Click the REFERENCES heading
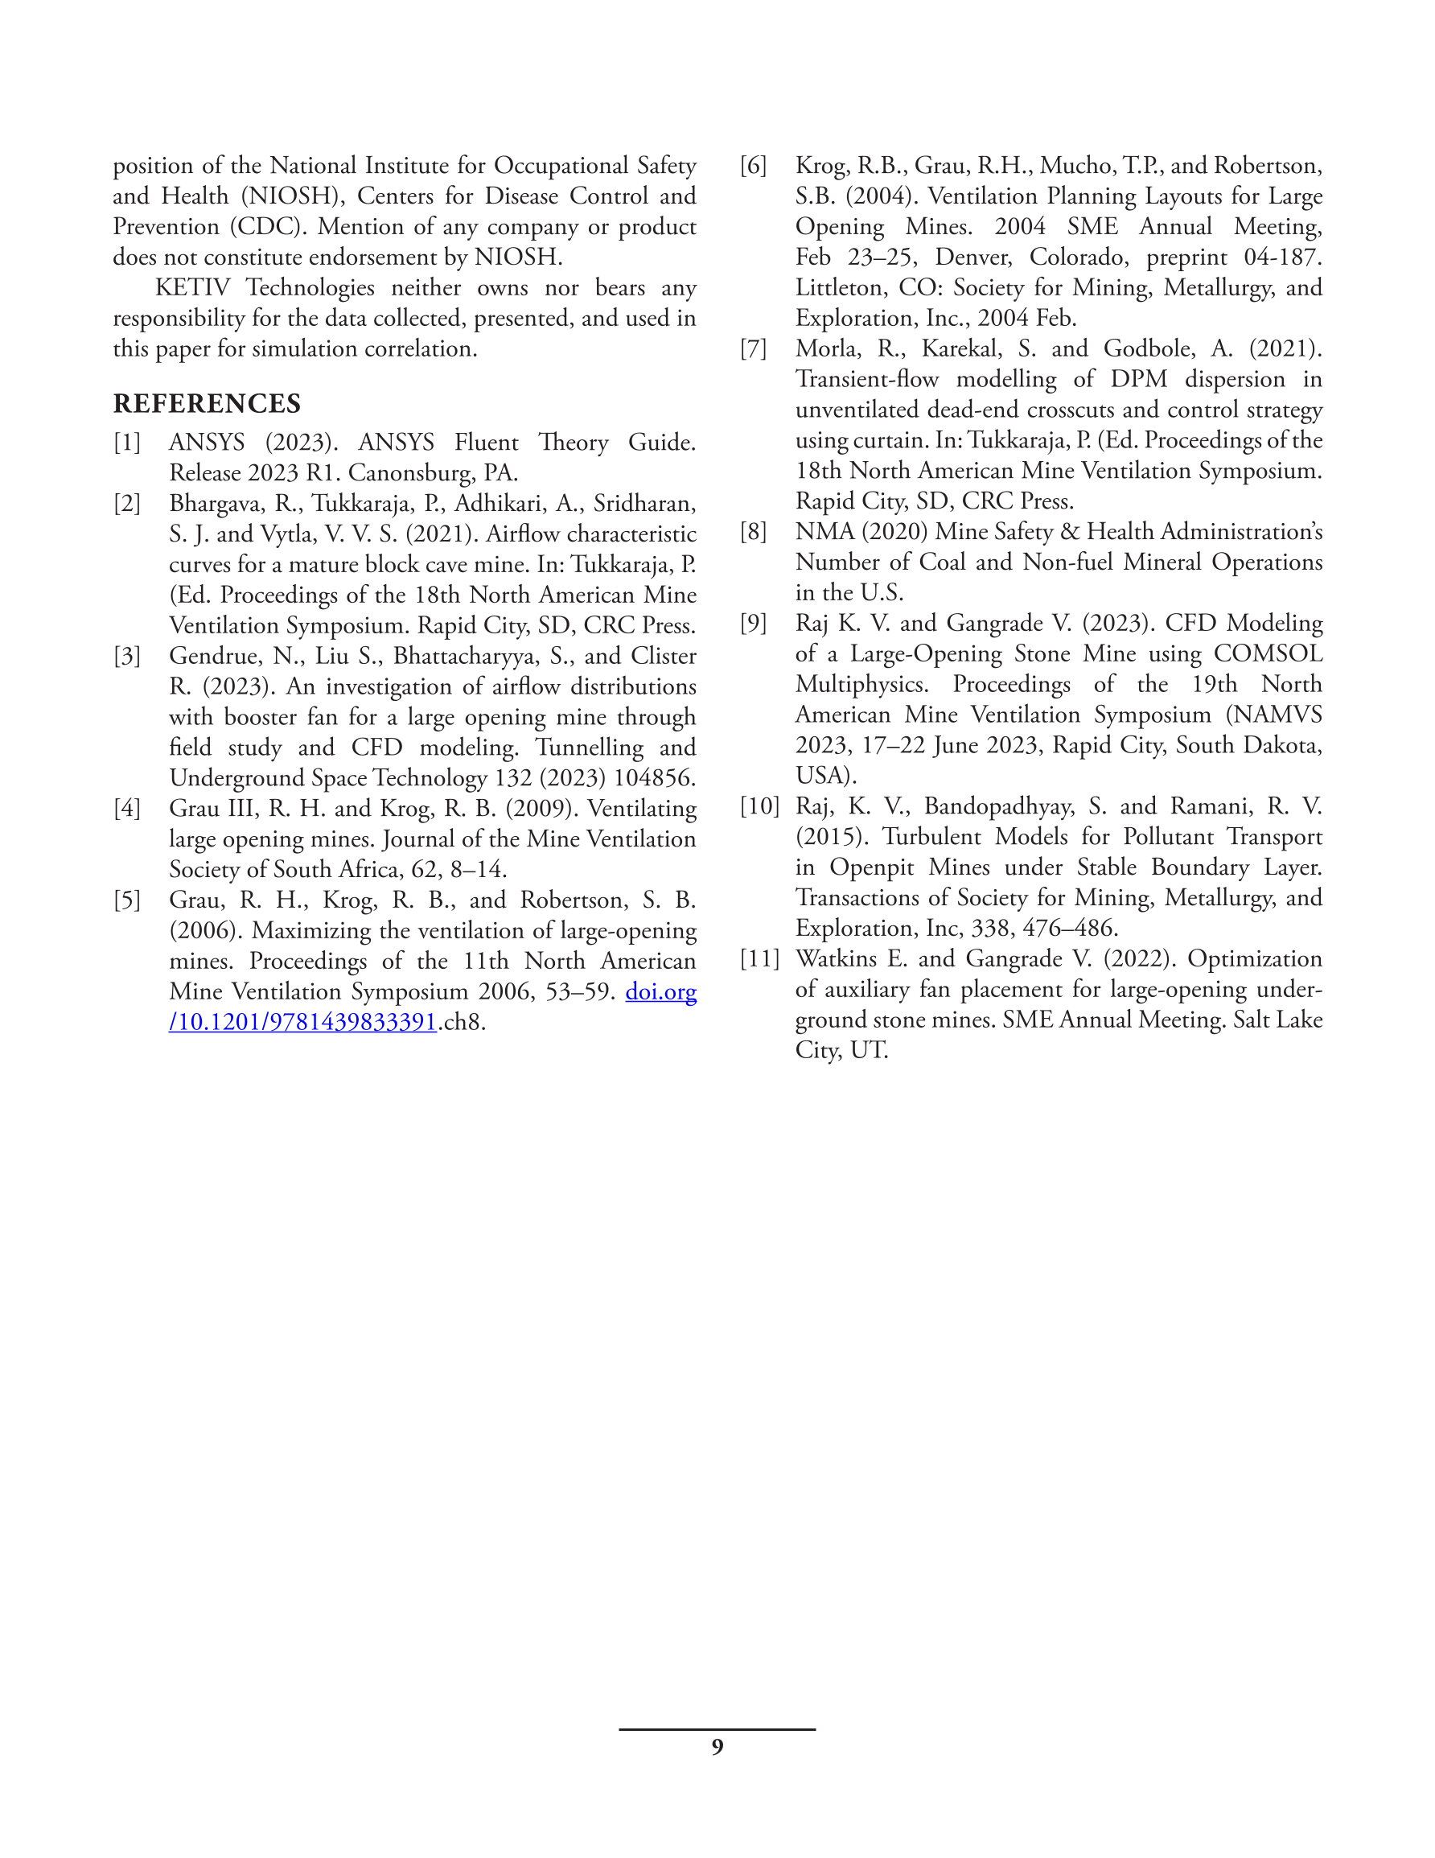[x=207, y=403]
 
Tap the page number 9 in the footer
[x=717, y=1748]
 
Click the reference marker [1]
[x=127, y=443]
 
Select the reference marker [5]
[x=127, y=900]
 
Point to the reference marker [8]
[x=754, y=532]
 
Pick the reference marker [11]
[x=759, y=959]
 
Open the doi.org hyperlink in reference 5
[x=661, y=992]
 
